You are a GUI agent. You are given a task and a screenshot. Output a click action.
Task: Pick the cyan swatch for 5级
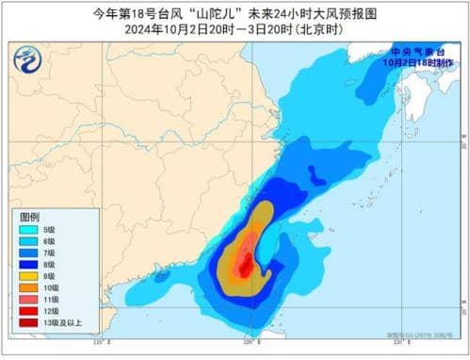click(28, 229)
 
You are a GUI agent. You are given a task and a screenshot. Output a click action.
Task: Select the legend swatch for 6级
click(28, 241)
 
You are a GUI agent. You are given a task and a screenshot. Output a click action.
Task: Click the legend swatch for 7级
click(28, 253)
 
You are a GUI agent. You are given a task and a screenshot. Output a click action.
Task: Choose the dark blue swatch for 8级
click(28, 264)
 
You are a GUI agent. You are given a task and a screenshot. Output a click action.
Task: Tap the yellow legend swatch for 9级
click(28, 276)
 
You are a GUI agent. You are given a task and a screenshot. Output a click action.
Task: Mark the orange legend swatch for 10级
click(28, 287)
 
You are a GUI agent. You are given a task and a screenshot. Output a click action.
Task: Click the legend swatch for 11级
click(28, 299)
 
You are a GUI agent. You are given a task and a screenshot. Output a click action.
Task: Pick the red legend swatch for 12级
click(28, 311)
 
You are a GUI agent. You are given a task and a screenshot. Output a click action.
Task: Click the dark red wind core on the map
click(244, 268)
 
